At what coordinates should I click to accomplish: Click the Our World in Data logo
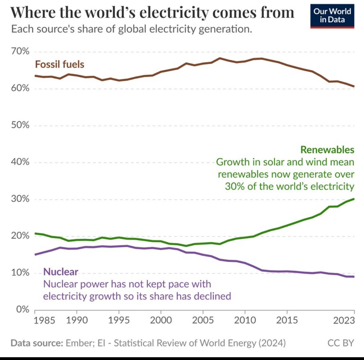tap(332, 16)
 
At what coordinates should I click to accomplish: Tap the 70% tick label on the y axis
tap(20, 51)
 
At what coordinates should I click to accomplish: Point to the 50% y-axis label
tap(20, 125)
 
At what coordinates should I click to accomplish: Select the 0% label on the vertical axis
tap(23, 309)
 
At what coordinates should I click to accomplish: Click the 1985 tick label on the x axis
tap(44, 320)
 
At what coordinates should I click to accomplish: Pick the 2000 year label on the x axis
tap(161, 320)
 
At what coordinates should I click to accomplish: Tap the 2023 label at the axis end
tap(344, 320)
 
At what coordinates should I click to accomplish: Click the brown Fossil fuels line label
tap(60, 64)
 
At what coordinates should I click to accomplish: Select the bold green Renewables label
tap(327, 150)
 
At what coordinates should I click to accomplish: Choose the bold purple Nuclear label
tap(61, 272)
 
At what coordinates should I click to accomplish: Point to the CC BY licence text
tap(341, 343)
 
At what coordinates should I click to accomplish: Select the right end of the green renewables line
tap(354, 199)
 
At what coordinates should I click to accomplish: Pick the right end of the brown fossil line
tap(354, 86)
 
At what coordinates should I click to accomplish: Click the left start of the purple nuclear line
tap(35, 255)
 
